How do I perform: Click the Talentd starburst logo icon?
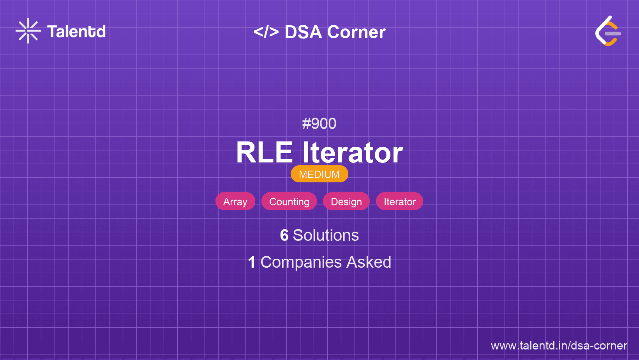tap(28, 31)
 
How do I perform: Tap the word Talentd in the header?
tap(76, 32)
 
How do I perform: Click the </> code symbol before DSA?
tap(266, 32)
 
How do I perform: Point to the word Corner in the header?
tap(356, 32)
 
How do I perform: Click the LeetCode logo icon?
tap(608, 31)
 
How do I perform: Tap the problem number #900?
tap(319, 124)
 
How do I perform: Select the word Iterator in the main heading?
tap(353, 153)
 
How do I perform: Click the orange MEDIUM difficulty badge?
tap(319, 174)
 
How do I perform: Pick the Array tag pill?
tap(235, 201)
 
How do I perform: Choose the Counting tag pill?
tap(289, 201)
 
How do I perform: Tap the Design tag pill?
tap(346, 201)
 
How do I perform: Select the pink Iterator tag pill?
tap(400, 201)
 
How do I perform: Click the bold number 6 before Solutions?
tap(284, 235)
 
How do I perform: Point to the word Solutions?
tap(326, 235)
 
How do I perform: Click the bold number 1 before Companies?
tap(252, 262)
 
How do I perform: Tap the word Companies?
tap(301, 263)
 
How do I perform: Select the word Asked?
tap(369, 262)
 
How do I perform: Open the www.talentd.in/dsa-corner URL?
tap(559, 346)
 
